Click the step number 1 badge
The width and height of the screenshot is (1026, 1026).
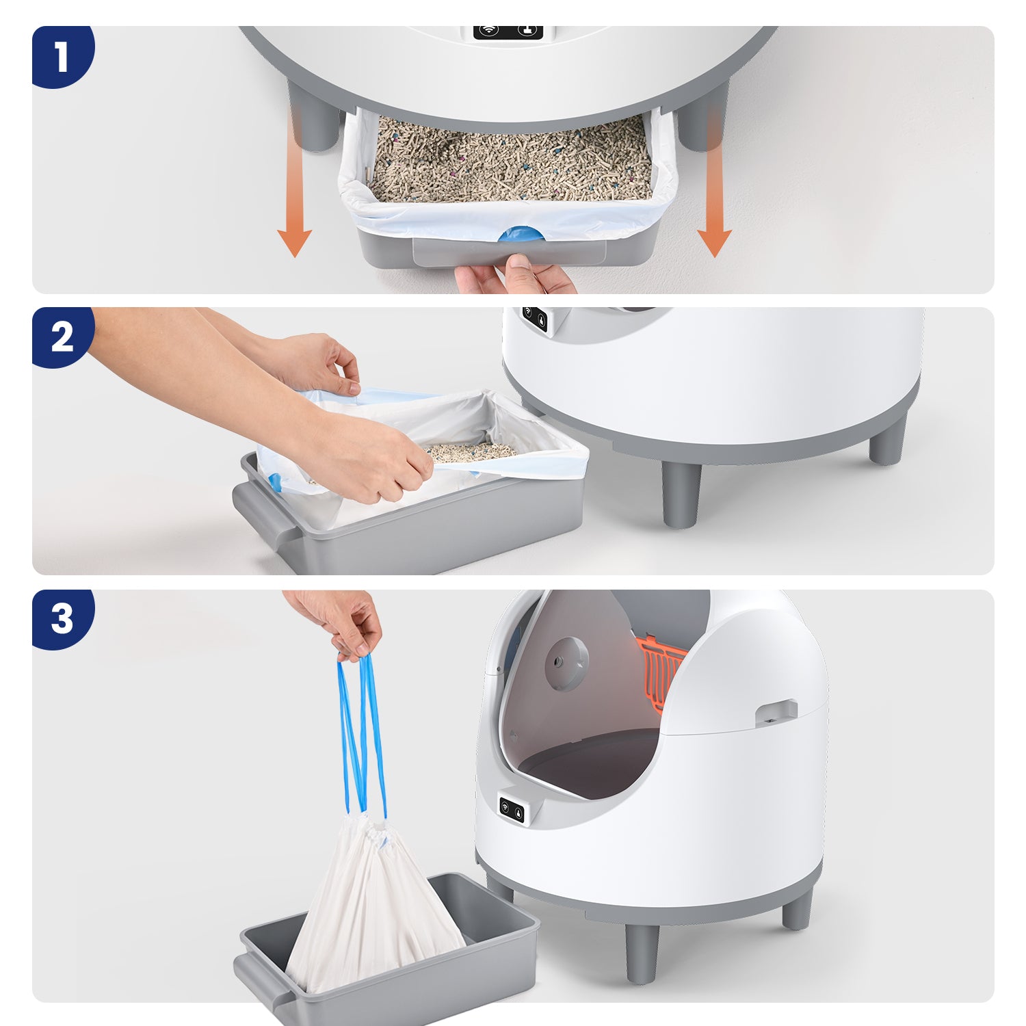tap(62, 56)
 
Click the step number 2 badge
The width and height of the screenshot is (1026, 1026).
tap(62, 337)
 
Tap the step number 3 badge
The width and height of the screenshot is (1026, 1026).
tap(62, 618)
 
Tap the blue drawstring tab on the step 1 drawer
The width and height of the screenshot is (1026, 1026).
tap(521, 234)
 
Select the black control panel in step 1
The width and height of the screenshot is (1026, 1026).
tap(508, 31)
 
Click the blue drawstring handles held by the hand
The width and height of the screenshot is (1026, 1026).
tap(361, 735)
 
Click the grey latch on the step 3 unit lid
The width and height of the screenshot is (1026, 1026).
tap(776, 713)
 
